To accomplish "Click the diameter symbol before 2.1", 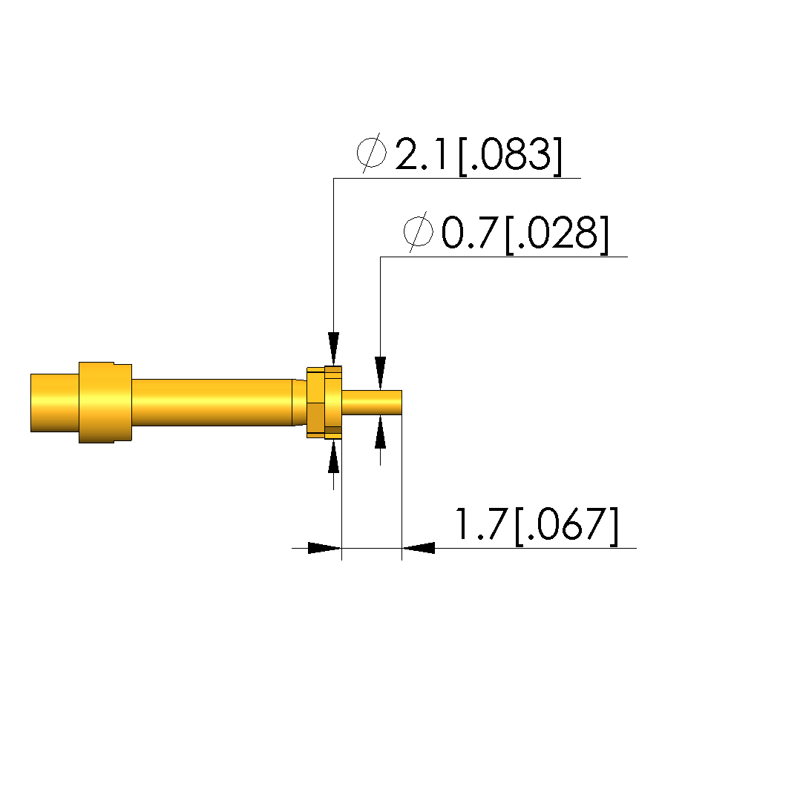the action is click(x=372, y=153).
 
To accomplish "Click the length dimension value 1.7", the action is click(x=481, y=524).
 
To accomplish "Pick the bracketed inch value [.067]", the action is click(x=566, y=526).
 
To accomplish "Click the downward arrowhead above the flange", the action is click(x=334, y=348).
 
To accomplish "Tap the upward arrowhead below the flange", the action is click(x=334, y=456).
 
